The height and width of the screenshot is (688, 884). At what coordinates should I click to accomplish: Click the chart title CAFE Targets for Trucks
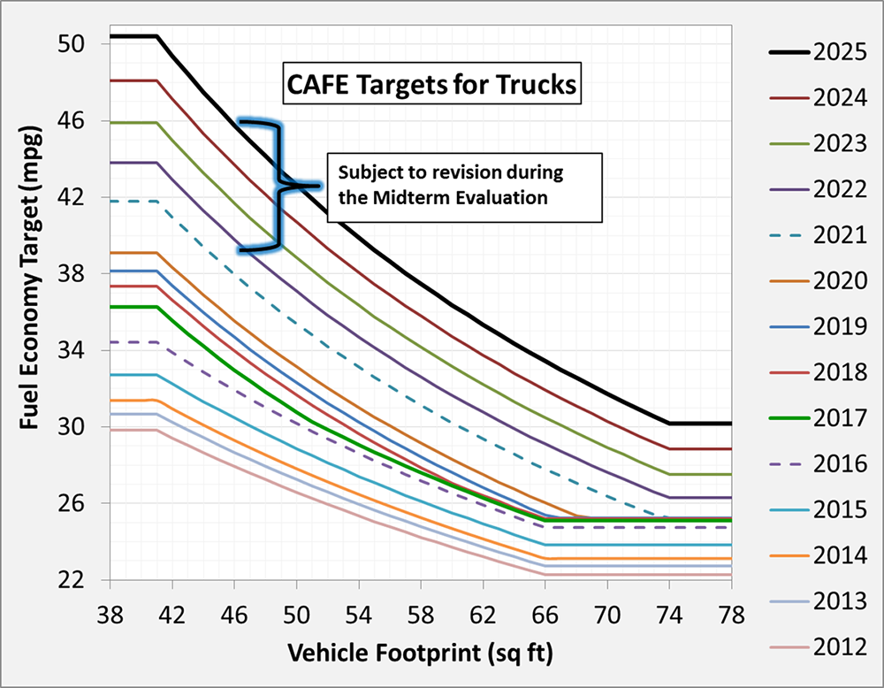pyautogui.click(x=431, y=86)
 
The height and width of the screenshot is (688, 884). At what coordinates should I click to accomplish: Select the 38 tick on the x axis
pyautogui.click(x=110, y=611)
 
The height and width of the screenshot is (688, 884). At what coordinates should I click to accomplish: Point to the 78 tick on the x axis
pyautogui.click(x=732, y=611)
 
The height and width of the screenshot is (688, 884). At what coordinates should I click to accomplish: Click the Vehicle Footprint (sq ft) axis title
pyautogui.click(x=419, y=654)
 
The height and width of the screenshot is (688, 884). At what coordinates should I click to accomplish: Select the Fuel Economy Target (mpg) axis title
pyautogui.click(x=27, y=309)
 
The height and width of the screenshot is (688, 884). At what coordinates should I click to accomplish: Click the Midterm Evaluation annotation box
pyautogui.click(x=464, y=187)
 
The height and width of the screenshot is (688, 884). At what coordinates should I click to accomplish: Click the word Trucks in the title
pyautogui.click(x=537, y=86)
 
